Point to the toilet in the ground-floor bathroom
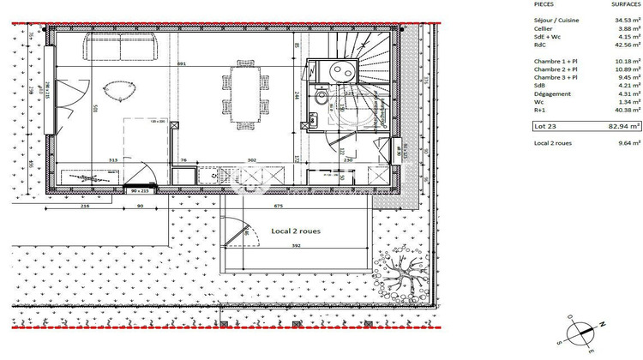coord(318,99)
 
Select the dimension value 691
coord(182,65)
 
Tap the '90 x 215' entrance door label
coord(141,190)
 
